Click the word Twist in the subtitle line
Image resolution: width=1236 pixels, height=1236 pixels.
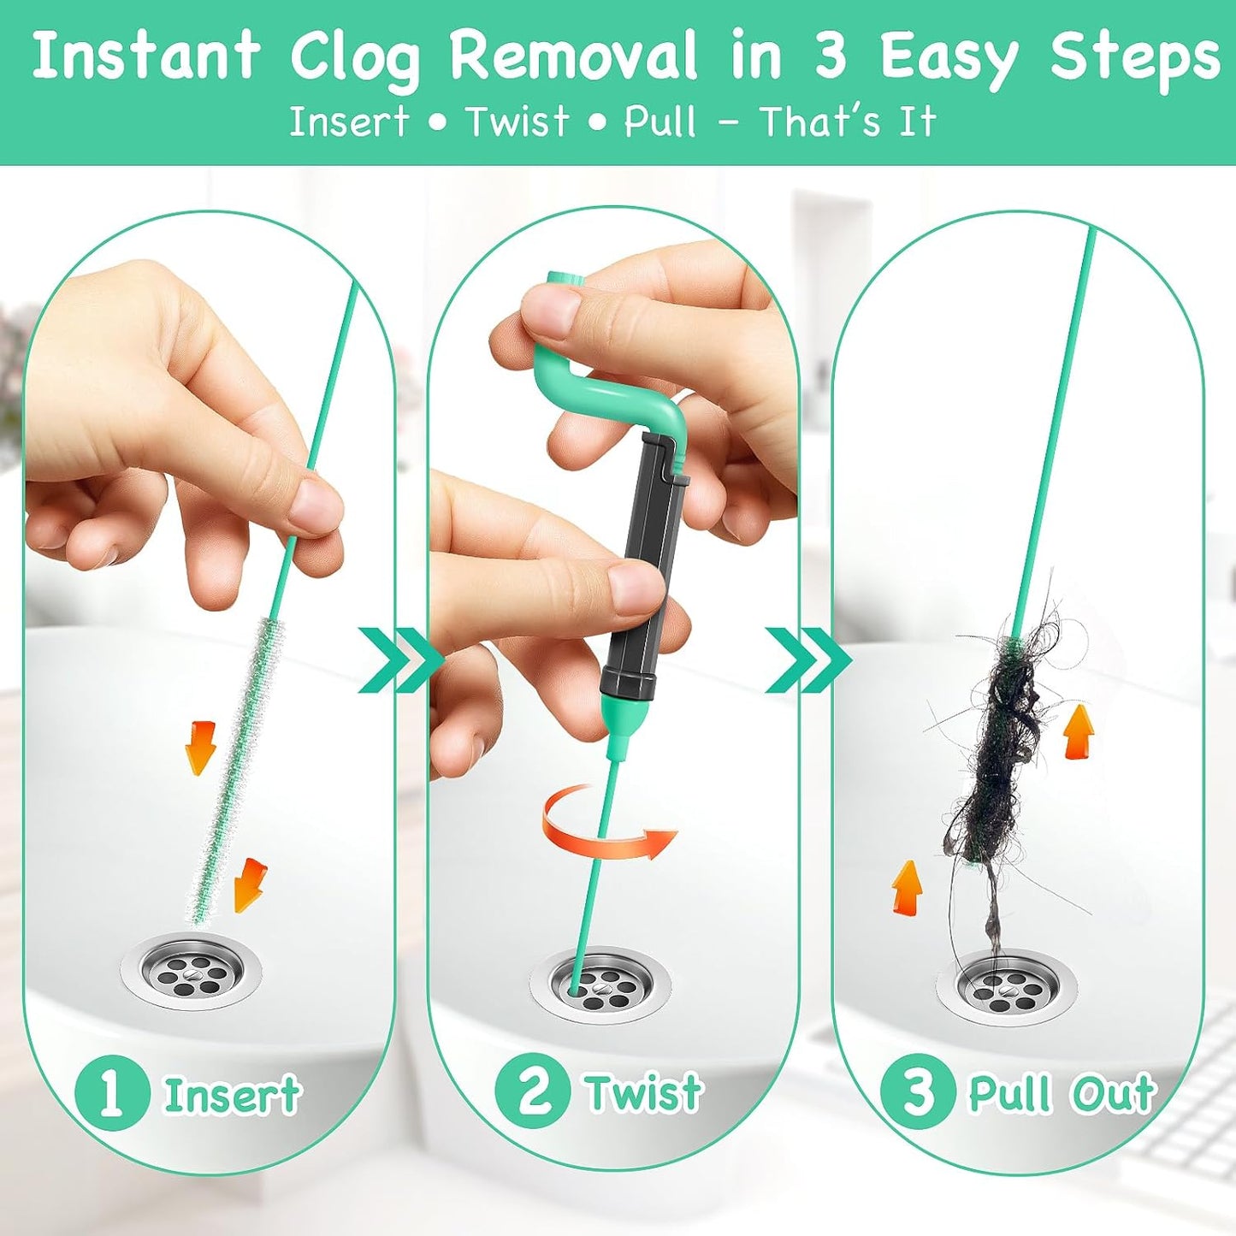point(517,121)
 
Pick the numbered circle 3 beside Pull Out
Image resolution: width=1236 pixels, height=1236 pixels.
point(918,1092)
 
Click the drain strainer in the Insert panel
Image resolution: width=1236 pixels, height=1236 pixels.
point(191,972)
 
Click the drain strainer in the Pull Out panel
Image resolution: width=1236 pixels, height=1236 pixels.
point(1007,987)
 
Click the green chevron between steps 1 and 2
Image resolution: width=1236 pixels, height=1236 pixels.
point(397,659)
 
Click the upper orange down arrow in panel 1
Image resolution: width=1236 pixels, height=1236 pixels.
point(200,746)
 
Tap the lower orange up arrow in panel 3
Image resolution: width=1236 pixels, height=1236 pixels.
point(907,887)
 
